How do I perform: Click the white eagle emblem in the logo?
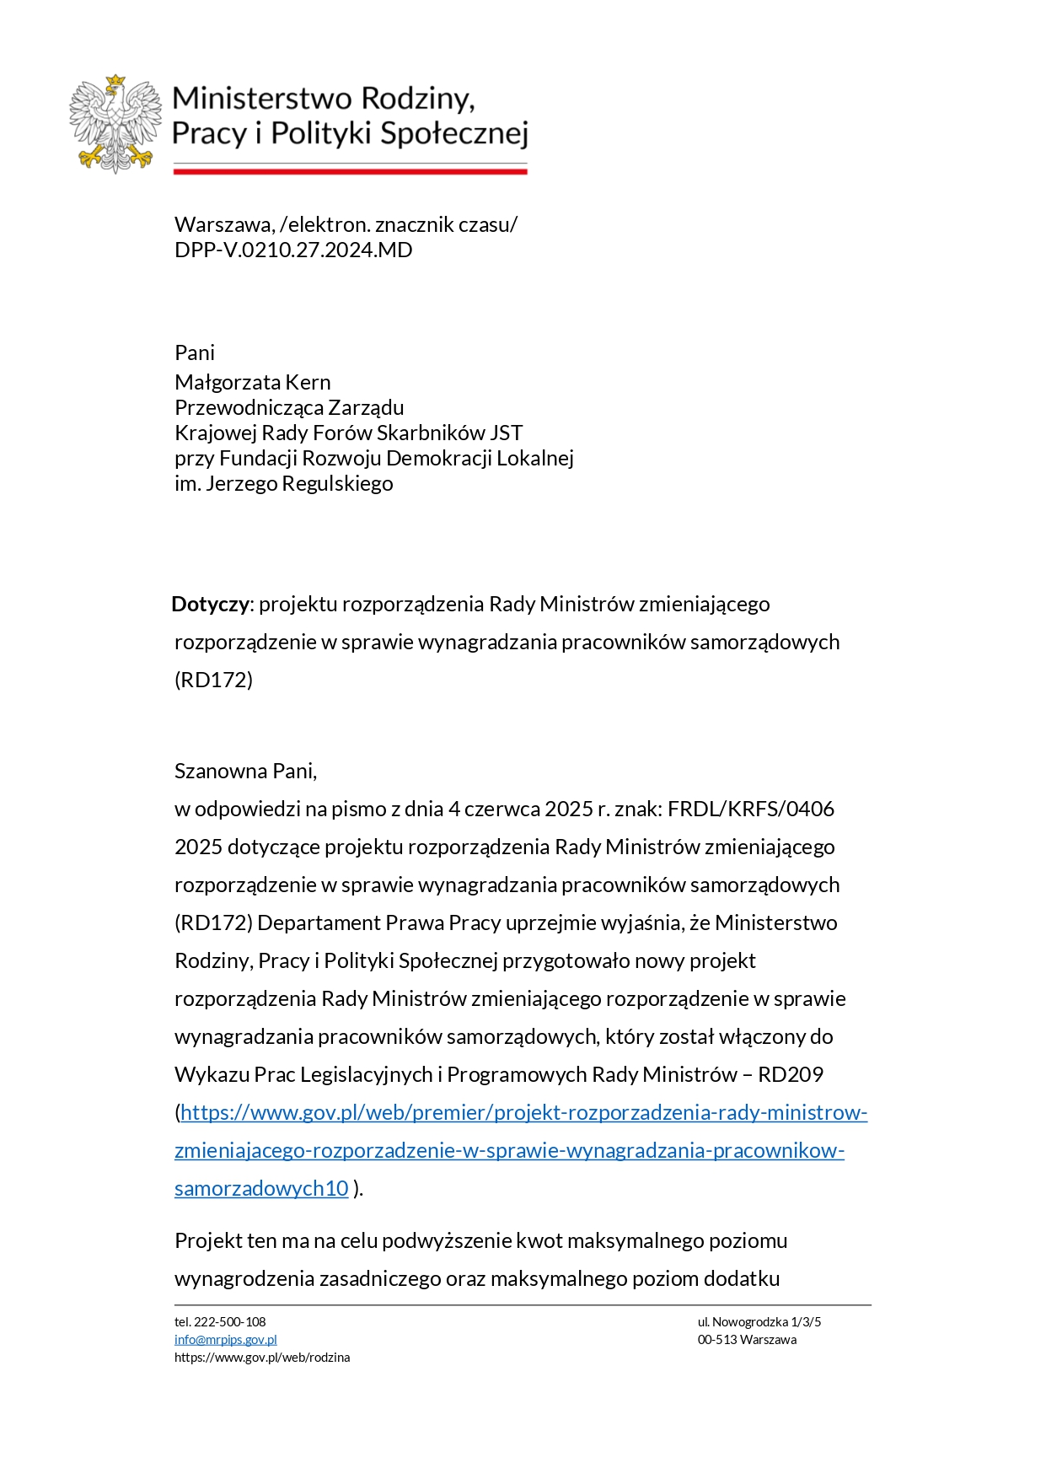click(115, 123)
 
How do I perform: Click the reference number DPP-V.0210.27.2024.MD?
click(293, 250)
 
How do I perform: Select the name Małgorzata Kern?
click(252, 382)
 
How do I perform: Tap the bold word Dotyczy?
click(210, 604)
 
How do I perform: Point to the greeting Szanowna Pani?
click(245, 771)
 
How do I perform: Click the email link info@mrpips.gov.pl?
click(225, 1340)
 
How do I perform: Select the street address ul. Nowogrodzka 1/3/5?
click(759, 1322)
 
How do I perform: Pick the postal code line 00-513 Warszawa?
click(747, 1340)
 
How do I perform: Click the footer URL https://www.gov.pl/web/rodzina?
click(262, 1358)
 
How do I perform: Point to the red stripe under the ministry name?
click(350, 171)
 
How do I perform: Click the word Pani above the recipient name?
click(195, 352)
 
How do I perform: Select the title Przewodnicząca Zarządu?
click(289, 407)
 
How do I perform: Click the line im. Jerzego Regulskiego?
click(283, 483)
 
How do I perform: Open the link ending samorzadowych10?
click(261, 1188)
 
